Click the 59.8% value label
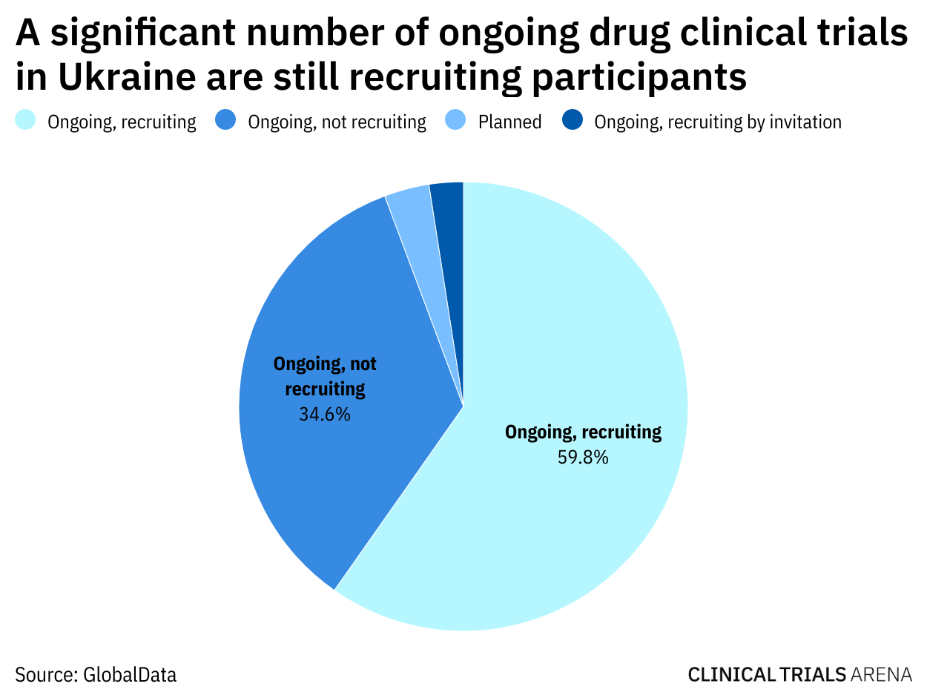583,458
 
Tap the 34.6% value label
325,414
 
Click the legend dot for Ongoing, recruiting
26,120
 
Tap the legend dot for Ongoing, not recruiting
226,120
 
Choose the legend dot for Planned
456,120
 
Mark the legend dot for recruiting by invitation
573,120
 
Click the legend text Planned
510,122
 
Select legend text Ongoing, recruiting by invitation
718,122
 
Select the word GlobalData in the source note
130,675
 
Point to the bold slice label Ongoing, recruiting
583,432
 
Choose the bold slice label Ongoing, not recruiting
325,376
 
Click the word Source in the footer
46,675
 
